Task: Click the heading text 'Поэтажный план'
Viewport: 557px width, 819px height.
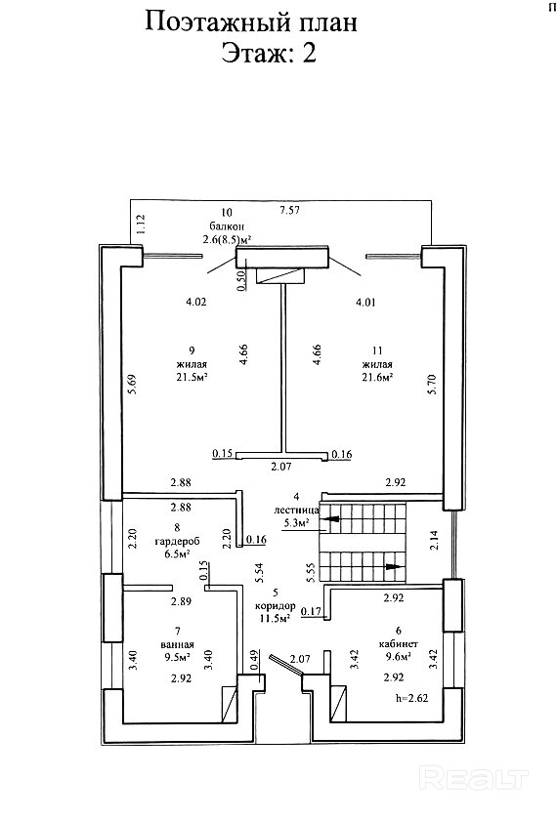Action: pyautogui.click(x=250, y=23)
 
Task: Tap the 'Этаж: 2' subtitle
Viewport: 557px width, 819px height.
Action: pyautogui.click(x=269, y=54)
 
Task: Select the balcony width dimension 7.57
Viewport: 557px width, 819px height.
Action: pyautogui.click(x=292, y=211)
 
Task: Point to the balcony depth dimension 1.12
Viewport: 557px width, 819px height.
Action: pyautogui.click(x=140, y=225)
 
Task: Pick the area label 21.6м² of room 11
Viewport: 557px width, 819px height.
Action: pyautogui.click(x=377, y=377)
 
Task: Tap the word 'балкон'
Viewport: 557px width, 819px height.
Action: pyautogui.click(x=227, y=226)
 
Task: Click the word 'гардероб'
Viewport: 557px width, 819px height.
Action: pyautogui.click(x=177, y=541)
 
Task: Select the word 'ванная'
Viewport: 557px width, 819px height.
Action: pyautogui.click(x=177, y=644)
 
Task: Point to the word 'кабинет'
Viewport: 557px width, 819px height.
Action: pyautogui.click(x=398, y=644)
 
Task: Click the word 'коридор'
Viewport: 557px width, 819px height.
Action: pyautogui.click(x=276, y=606)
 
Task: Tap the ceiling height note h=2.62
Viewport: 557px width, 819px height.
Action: pyautogui.click(x=412, y=697)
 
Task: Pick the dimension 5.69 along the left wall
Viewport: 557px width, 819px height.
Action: pyautogui.click(x=132, y=384)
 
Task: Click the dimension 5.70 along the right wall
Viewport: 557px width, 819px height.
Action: pyautogui.click(x=432, y=385)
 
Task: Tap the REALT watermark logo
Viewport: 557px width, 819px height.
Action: pyautogui.click(x=473, y=779)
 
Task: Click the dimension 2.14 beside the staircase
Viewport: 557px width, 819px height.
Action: pyautogui.click(x=434, y=540)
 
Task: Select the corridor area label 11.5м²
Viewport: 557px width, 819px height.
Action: pyautogui.click(x=276, y=619)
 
